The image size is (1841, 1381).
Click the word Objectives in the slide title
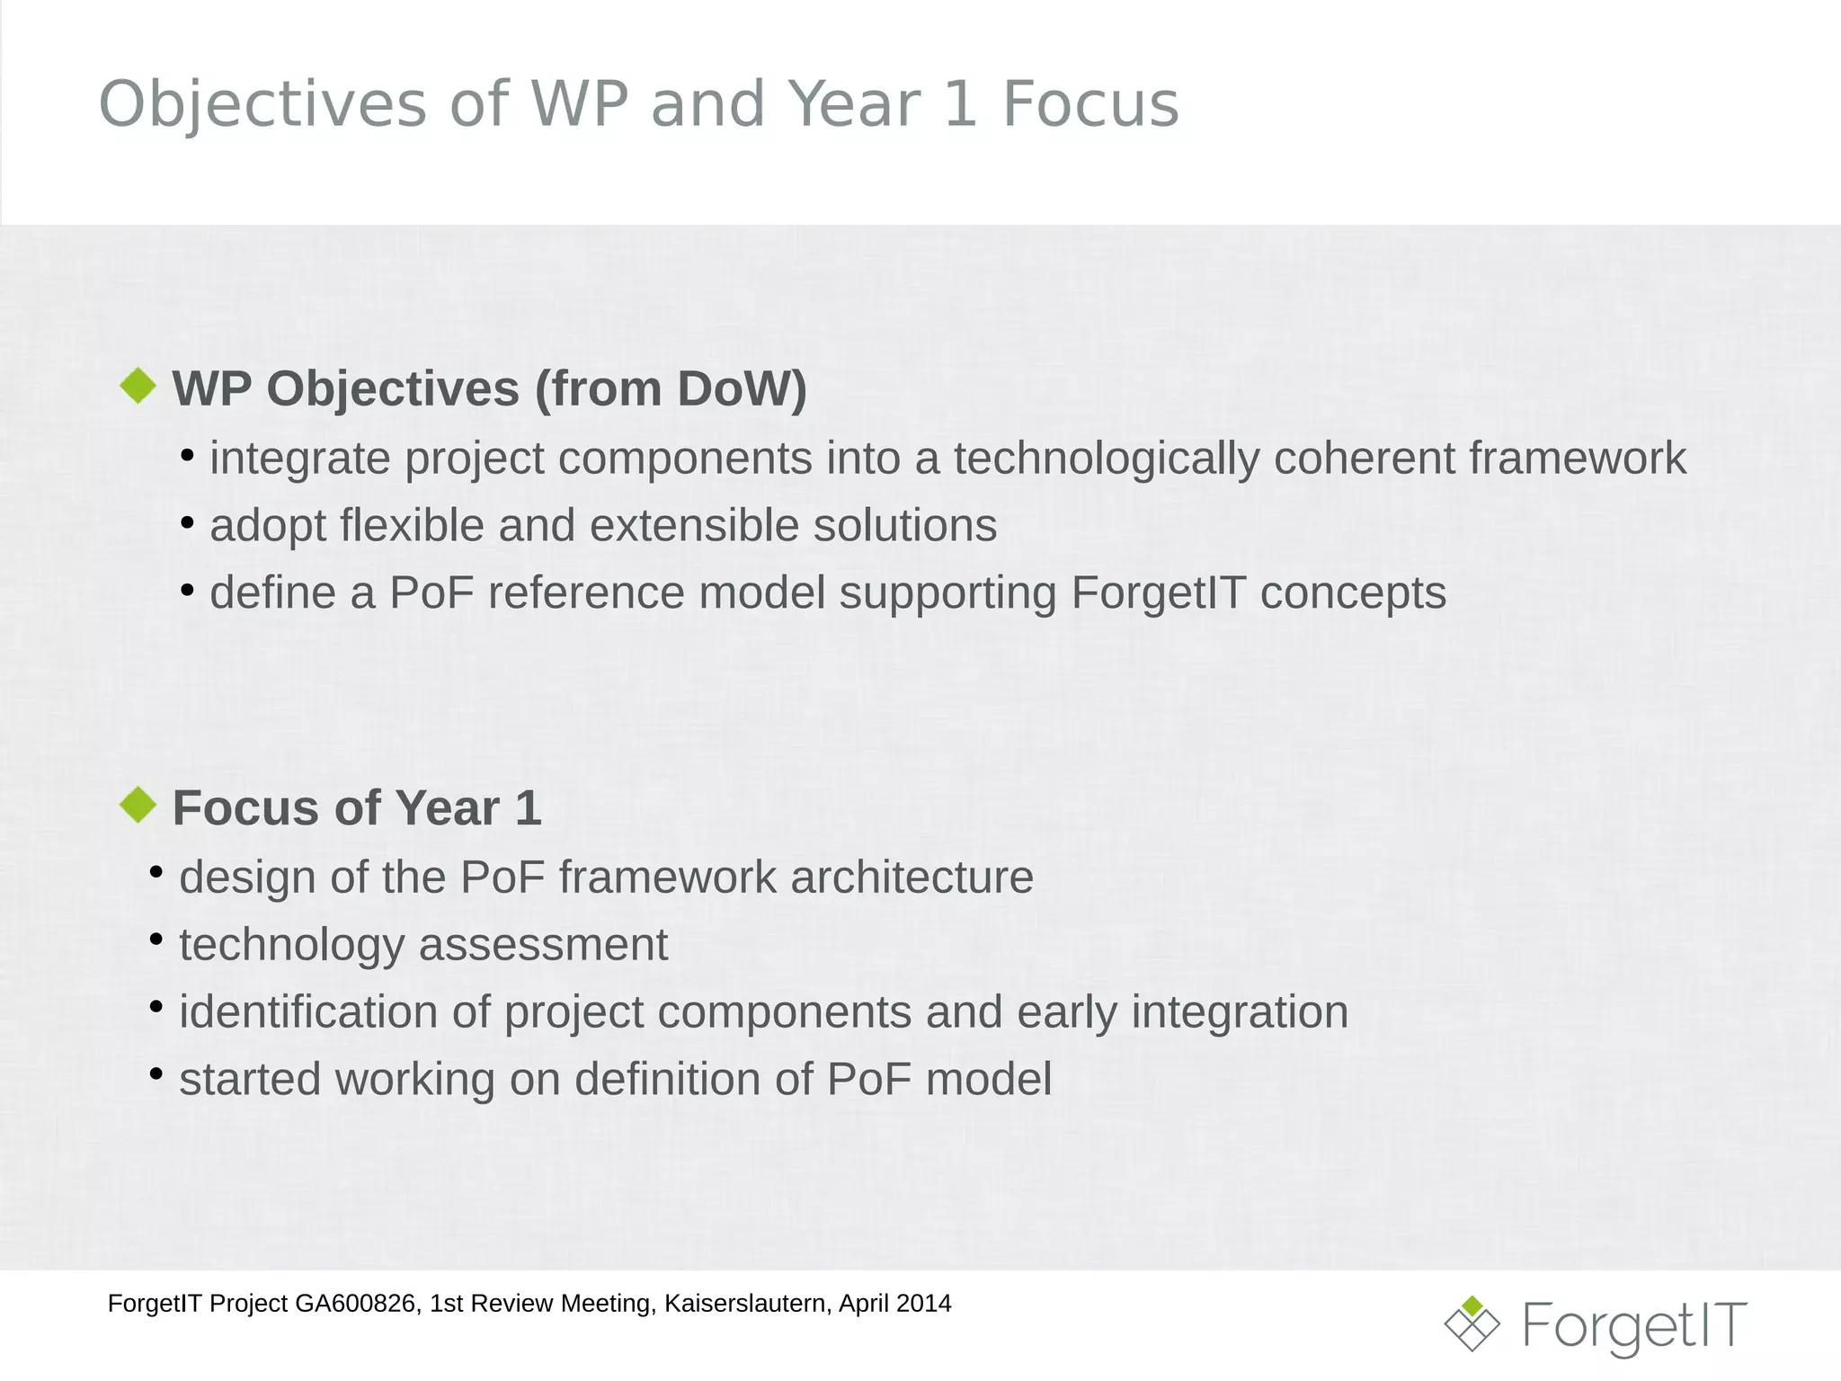pyautogui.click(x=262, y=104)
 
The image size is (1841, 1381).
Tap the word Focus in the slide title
pyautogui.click(x=1089, y=104)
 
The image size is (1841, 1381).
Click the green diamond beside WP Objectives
pyautogui.click(x=138, y=386)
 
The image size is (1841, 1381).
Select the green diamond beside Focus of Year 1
pyautogui.click(x=138, y=805)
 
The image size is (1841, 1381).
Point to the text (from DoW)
pyautogui.click(x=671, y=389)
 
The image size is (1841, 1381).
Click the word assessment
pyautogui.click(x=543, y=945)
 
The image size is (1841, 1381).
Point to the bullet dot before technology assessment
pyautogui.click(x=156, y=940)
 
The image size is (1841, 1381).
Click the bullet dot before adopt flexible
pyautogui.click(x=187, y=521)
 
